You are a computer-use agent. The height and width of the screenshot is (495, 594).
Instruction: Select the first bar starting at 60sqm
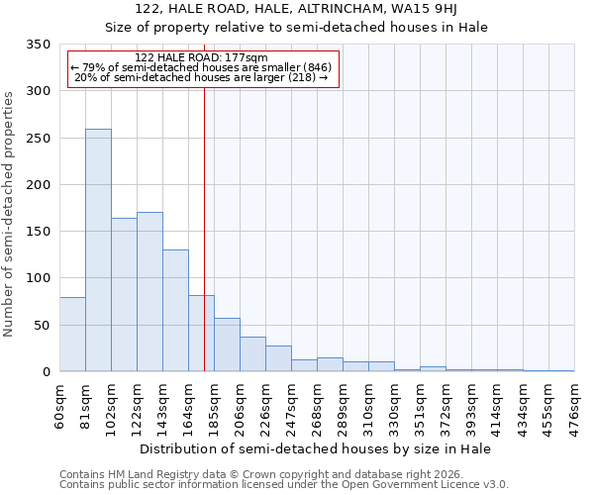72,335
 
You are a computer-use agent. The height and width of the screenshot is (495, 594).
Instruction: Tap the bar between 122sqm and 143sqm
149,292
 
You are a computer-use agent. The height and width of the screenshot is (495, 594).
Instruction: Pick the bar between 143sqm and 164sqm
175,311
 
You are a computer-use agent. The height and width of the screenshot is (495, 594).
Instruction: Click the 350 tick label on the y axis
38,45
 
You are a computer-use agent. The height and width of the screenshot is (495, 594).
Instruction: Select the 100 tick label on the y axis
38,278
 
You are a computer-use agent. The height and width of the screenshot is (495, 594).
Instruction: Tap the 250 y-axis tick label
38,139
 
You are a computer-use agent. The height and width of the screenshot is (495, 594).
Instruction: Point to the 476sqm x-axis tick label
575,404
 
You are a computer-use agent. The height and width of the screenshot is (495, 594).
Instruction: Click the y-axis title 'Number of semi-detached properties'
9,214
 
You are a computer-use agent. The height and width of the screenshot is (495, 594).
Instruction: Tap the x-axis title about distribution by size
316,448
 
